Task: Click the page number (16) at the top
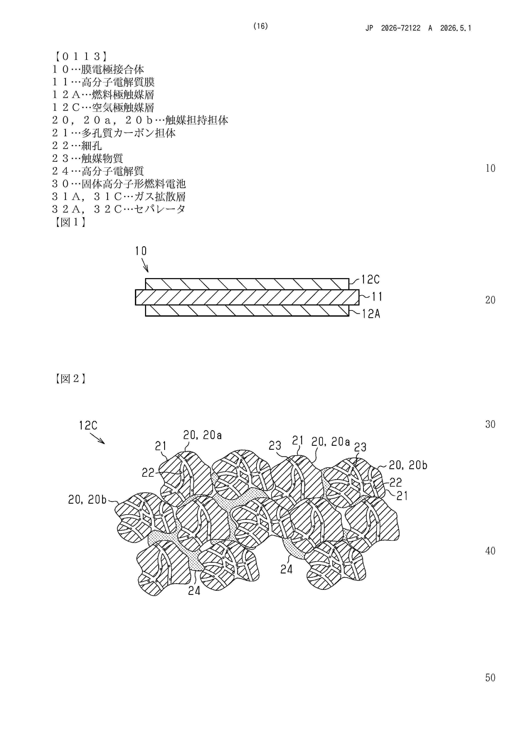(261, 26)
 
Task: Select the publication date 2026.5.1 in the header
(455, 28)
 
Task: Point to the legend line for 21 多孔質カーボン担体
(114, 133)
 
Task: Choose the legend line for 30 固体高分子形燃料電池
(119, 183)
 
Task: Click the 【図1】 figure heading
(69, 222)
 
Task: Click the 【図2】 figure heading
(69, 379)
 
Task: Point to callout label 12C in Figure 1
(370, 279)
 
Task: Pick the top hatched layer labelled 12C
(247, 284)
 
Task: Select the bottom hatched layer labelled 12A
(247, 310)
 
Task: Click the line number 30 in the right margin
(490, 424)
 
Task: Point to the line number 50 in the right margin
(490, 677)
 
